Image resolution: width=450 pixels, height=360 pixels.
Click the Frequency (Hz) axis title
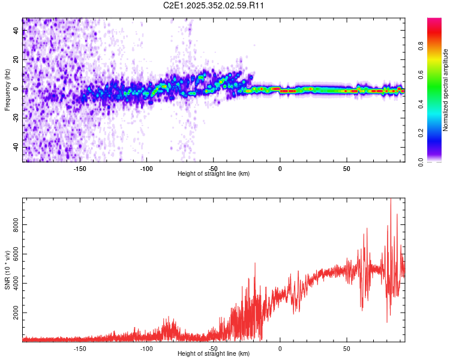coord(7,90)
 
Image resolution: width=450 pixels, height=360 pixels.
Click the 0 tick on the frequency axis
coord(17,89)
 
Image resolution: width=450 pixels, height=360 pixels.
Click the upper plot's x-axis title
coord(214,173)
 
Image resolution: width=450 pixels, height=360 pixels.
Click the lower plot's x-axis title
coord(214,353)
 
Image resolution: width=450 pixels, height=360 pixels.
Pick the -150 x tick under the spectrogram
coord(80,168)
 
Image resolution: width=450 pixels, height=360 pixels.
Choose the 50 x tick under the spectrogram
coord(346,168)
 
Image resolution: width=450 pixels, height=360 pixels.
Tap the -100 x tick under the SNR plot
coord(146,347)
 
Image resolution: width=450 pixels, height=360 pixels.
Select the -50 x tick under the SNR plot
coord(213,347)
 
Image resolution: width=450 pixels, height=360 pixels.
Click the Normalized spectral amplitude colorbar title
coord(446,90)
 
